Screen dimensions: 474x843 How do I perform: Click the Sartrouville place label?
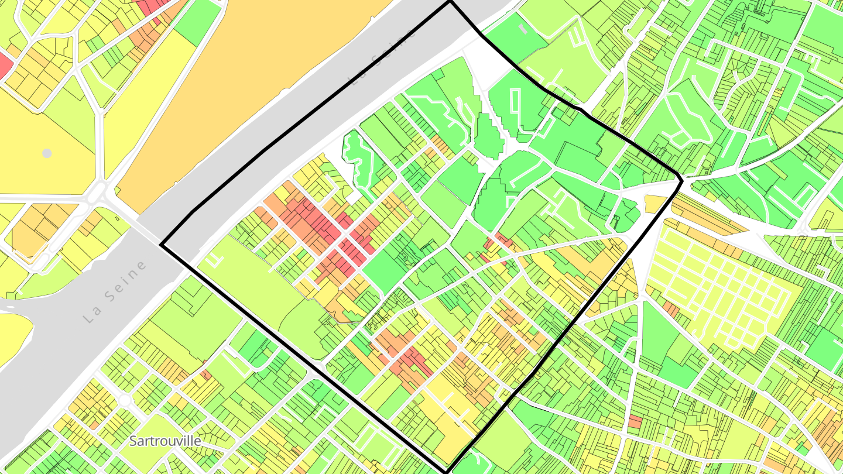[x=165, y=441]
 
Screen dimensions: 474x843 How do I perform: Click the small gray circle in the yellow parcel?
[x=47, y=153]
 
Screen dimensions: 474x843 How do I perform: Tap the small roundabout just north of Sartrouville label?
[x=125, y=400]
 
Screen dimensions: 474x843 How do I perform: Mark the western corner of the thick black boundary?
[x=161, y=245]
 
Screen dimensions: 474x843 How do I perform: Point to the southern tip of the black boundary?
[x=447, y=472]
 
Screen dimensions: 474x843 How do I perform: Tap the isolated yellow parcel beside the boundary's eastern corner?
[x=655, y=204]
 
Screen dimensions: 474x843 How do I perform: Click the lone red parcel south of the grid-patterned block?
[x=635, y=421]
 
